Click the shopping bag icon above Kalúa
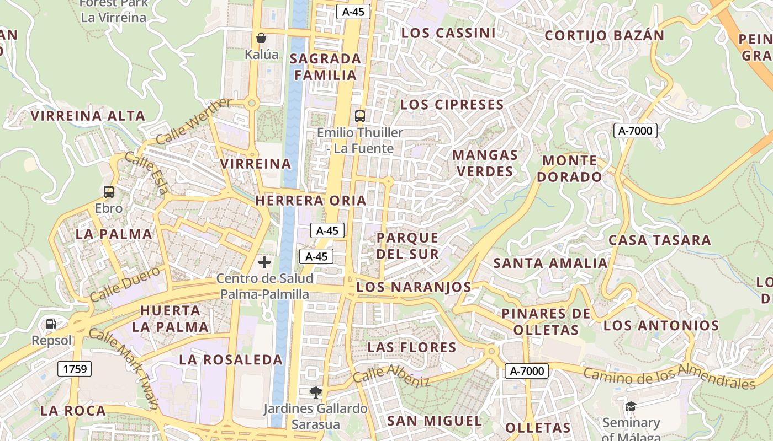click(261, 38)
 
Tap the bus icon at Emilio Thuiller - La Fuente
click(360, 116)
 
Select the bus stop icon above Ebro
click(109, 192)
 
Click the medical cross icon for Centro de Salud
click(264, 262)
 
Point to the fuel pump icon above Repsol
click(51, 324)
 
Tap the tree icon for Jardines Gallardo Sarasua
click(316, 392)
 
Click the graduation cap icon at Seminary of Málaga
click(631, 407)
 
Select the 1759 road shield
click(75, 369)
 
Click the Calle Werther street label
click(194, 121)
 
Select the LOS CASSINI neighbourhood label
click(448, 33)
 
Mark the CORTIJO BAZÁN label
click(605, 36)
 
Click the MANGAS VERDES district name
click(485, 163)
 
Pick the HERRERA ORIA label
click(311, 201)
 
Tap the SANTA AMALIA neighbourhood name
click(550, 263)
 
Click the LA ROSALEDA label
click(231, 360)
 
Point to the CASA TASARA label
click(659, 240)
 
